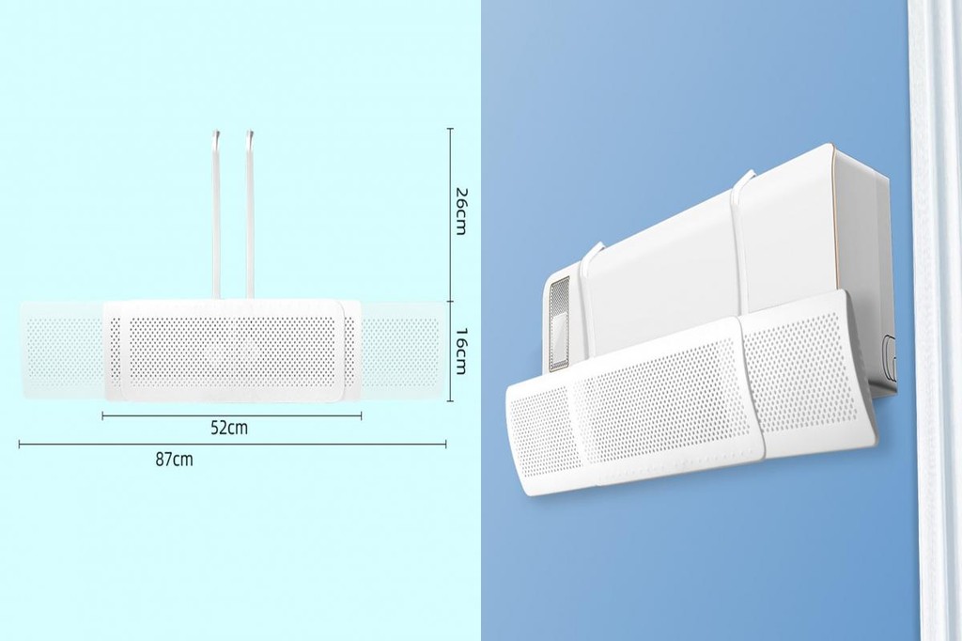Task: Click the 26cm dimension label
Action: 460,212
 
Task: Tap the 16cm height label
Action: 460,352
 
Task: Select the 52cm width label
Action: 229,428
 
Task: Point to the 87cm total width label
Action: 174,459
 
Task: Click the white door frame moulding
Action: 935,320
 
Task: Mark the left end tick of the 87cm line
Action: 20,443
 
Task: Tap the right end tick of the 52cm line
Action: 363,414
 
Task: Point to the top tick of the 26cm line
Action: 450,129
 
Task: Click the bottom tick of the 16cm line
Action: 450,402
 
